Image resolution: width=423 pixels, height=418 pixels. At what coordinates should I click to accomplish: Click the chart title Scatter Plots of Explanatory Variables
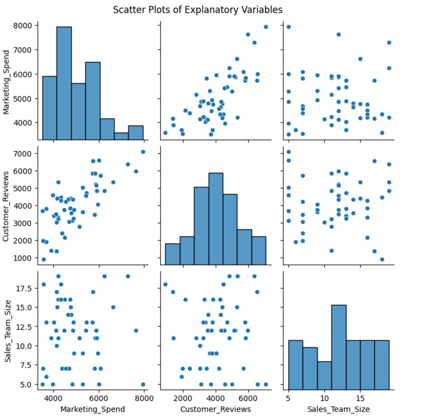[x=211, y=9]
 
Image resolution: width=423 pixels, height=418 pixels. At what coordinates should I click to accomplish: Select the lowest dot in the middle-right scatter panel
[x=382, y=259]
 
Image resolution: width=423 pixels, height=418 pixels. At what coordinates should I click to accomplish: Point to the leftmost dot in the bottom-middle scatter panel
[x=165, y=284]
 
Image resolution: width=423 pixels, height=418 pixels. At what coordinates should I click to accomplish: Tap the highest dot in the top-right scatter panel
[x=289, y=27]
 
